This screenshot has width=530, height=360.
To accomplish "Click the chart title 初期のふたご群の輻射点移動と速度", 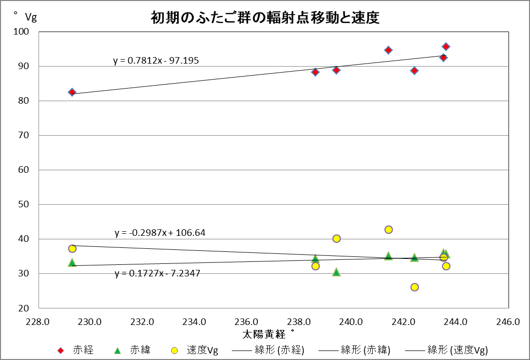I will pos(265,18).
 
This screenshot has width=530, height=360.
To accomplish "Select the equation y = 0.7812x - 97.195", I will pos(156,61).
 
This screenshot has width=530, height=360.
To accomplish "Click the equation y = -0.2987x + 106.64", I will pos(160,233).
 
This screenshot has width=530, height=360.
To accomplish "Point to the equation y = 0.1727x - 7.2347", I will pos(158,273).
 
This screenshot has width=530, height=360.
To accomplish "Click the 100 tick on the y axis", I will pos(24,32).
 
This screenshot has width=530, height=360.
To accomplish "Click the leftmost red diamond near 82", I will pos(72,92).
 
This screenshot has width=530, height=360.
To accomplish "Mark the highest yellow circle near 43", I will pos(388,229).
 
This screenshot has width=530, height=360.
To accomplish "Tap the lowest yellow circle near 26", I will pos(414,287).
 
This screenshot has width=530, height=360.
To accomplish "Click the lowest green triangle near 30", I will pos(336,272).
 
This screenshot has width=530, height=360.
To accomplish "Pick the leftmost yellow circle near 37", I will pos(72,248).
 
